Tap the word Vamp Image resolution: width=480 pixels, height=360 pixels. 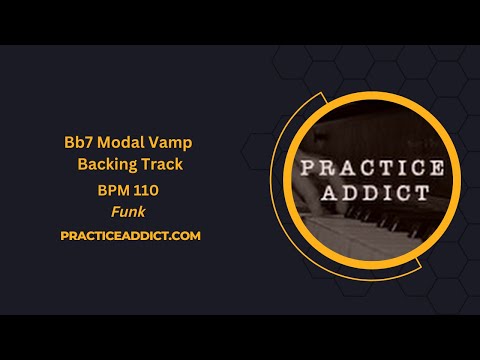coord(171,143)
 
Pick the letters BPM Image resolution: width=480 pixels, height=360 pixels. coord(113,190)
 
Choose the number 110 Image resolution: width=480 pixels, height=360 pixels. coord(147,190)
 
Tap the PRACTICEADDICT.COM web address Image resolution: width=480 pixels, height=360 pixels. coord(130,236)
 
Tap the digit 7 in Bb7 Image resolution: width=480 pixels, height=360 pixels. coord(91,143)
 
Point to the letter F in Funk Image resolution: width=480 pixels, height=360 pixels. coord(113,212)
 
